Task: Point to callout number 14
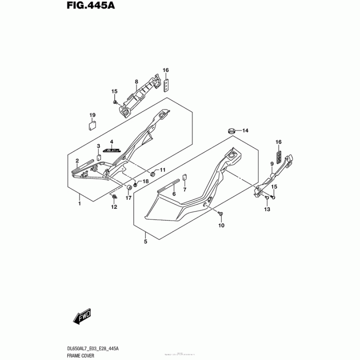[245, 131]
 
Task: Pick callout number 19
[92, 115]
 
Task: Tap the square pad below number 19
[92, 125]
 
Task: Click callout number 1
[80, 204]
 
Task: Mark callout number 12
[114, 207]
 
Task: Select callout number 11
[163, 170]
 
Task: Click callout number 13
[267, 209]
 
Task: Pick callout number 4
[112, 142]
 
